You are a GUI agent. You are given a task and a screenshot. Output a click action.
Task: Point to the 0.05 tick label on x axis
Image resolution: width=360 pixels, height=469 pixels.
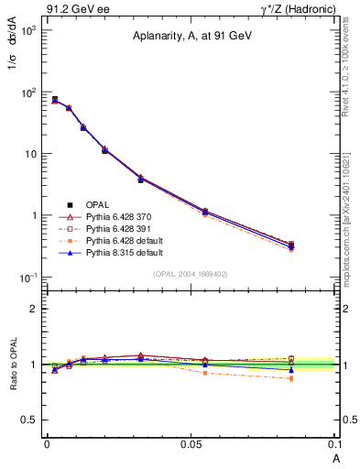pos(191,443)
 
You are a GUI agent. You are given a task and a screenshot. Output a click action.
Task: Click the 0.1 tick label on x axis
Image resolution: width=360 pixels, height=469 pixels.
pos(334,443)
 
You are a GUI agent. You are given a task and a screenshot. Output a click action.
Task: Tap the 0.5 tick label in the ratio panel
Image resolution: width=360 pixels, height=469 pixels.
pos(30,420)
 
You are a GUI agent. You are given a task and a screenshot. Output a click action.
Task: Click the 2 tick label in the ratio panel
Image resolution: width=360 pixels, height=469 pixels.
pos(35,309)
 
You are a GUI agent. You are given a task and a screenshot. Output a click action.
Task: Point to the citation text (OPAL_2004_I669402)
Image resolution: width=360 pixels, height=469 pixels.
pos(190,274)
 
